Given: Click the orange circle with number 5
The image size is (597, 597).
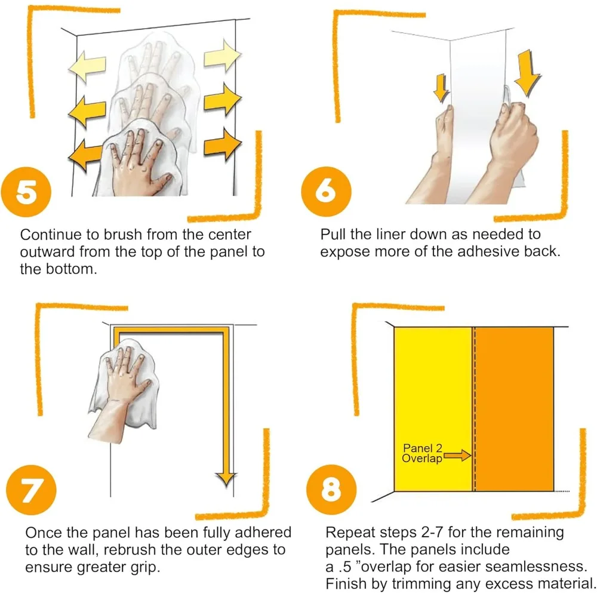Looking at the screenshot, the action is point(26,192).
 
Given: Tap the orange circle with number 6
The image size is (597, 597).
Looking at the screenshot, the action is point(327,192).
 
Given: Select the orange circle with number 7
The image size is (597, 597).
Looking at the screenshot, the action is point(31,490).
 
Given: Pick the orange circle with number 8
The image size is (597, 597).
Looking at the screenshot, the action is point(331,490).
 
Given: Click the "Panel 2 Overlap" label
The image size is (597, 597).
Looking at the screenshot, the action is point(422,453).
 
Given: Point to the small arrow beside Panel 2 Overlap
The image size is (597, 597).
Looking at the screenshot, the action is point(457,456).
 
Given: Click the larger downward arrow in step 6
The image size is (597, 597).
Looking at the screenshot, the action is point(527,73).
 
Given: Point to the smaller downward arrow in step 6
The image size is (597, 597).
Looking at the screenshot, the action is point(441,88).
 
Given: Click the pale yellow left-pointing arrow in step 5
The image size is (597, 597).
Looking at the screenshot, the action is point(87,66).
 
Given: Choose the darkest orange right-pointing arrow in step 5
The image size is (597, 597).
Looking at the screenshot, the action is point(222,144).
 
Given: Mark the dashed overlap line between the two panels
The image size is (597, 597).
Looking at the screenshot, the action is point(474,409).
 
